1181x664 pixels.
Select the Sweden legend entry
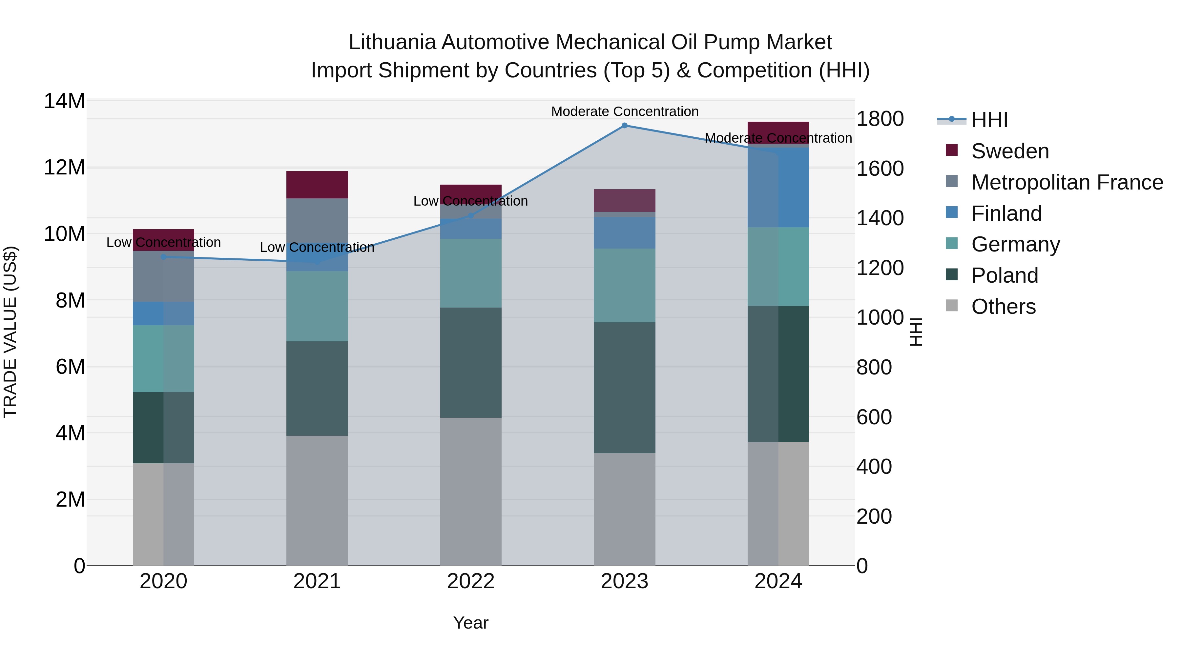[x=1009, y=151]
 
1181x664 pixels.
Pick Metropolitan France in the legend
[x=1067, y=182]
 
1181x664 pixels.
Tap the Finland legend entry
[x=1006, y=213]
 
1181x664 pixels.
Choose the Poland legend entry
[x=1005, y=275]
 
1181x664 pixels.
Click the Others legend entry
[x=1003, y=307]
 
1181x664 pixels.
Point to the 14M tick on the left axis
[x=64, y=101]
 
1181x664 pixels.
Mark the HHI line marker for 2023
[x=624, y=126]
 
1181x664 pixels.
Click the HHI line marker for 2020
[x=164, y=257]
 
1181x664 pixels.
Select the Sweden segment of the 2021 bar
[x=317, y=185]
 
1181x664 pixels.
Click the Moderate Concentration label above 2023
[x=624, y=111]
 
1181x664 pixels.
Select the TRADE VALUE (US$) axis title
[x=10, y=332]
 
